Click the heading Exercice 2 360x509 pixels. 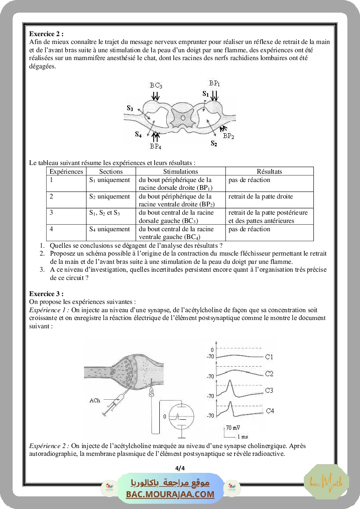[x=47, y=34]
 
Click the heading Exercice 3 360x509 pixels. [x=47, y=294]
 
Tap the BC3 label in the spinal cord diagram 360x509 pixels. [x=156, y=86]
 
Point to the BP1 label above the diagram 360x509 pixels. [x=215, y=83]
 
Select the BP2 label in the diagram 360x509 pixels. [x=229, y=136]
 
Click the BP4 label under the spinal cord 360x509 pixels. [x=155, y=146]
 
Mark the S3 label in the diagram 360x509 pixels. [x=130, y=108]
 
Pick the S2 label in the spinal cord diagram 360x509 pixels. [x=214, y=143]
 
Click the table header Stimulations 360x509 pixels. [x=180, y=172]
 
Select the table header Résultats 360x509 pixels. [x=269, y=172]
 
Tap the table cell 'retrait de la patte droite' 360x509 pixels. [x=260, y=196]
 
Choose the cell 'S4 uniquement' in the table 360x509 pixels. [x=109, y=229]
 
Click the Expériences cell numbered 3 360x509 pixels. [x=51, y=213]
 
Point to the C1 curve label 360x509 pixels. [x=269, y=357]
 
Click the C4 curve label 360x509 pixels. [x=270, y=411]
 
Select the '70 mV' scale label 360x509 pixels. [x=233, y=427]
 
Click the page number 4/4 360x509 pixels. [x=180, y=468]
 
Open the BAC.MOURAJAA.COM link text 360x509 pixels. [x=170, y=494]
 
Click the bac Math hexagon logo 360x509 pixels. [x=326, y=482]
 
